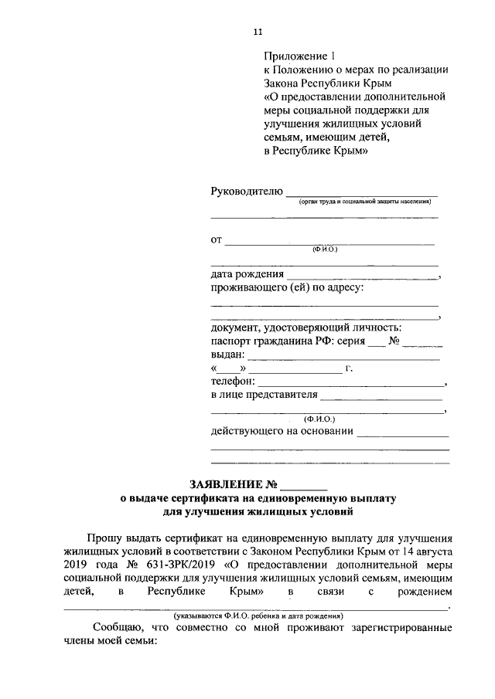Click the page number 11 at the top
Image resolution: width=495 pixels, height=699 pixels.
pyautogui.click(x=258, y=32)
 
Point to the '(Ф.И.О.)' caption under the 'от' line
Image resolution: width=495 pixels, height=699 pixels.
pyautogui.click(x=325, y=249)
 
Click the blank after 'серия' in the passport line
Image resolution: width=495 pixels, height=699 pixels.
pyautogui.click(x=375, y=344)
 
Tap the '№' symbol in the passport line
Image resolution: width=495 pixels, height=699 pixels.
pyautogui.click(x=394, y=341)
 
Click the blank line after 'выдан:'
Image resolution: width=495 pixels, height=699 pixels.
pyautogui.click(x=343, y=358)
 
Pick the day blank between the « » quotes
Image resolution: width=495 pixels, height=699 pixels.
pyautogui.click(x=230, y=372)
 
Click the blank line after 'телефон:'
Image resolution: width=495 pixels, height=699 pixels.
pyautogui.click(x=351, y=383)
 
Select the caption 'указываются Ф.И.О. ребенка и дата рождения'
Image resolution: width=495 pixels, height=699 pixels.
pyautogui.click(x=258, y=616)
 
